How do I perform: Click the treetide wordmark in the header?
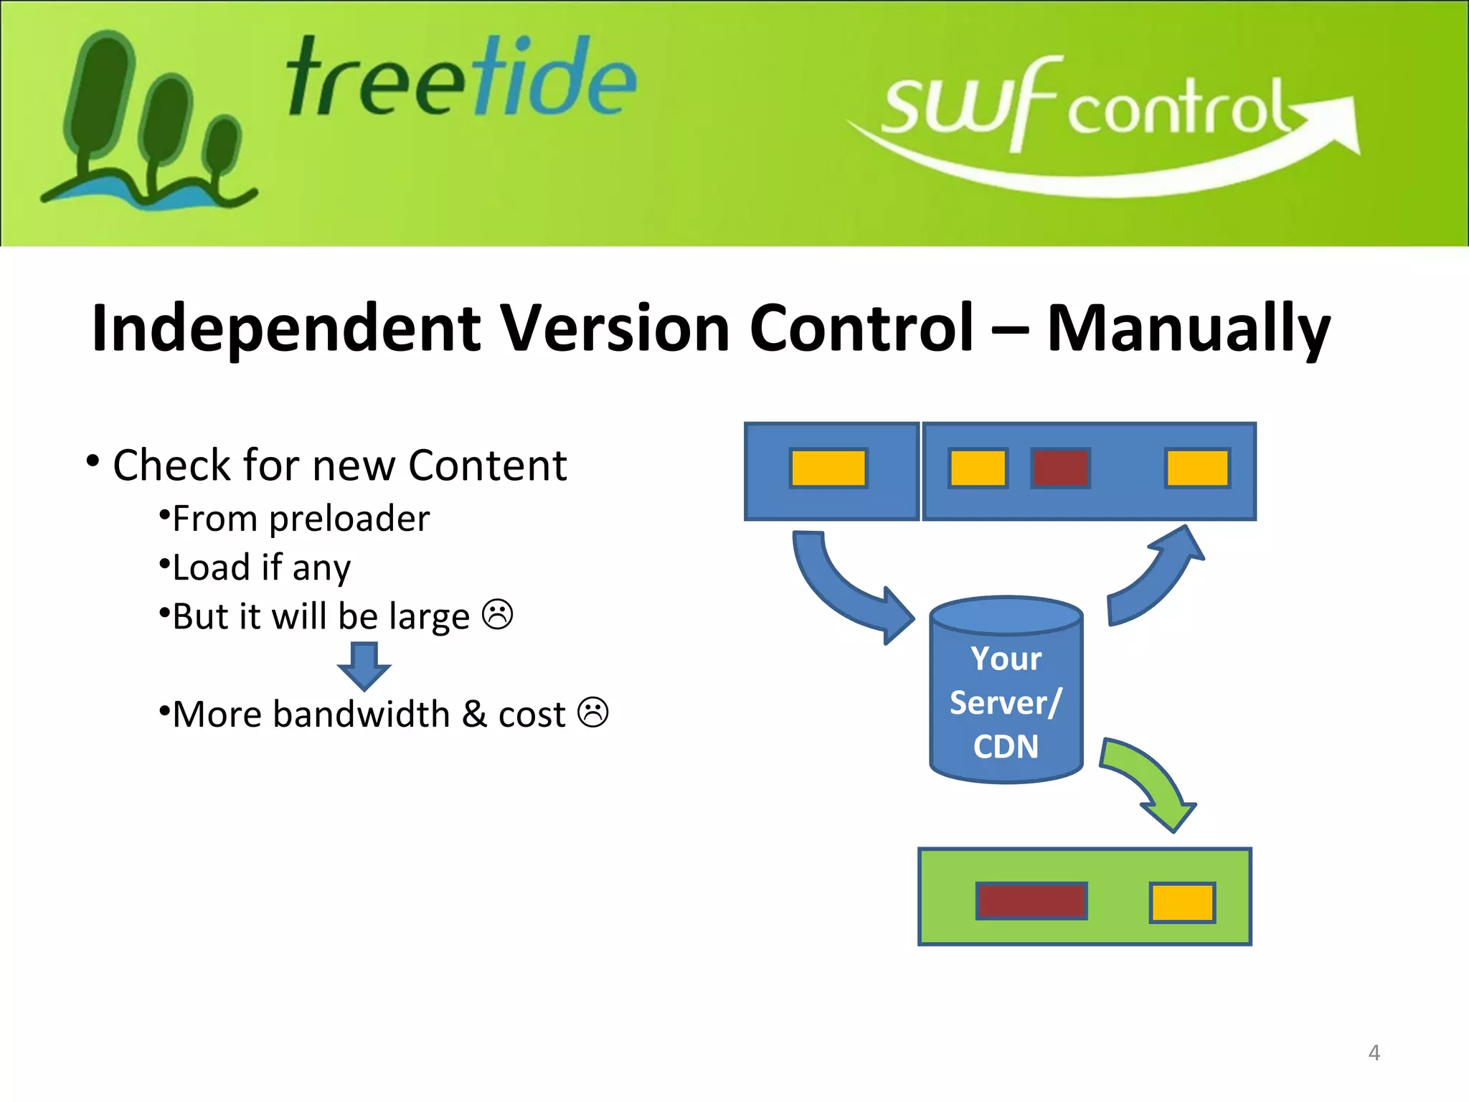coord(460,79)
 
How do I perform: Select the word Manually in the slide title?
coord(1188,329)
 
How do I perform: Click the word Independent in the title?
coord(285,329)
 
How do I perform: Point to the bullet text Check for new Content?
coord(339,466)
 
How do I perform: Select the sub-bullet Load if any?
coord(261,568)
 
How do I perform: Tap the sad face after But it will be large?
coord(497,615)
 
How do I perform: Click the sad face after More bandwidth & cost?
coord(593,712)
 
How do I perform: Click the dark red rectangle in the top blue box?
coord(1060,468)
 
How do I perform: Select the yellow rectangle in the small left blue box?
coord(828,468)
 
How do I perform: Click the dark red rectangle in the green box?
coord(1031,901)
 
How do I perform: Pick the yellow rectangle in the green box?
coord(1182,903)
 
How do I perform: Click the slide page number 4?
coord(1374,1052)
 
